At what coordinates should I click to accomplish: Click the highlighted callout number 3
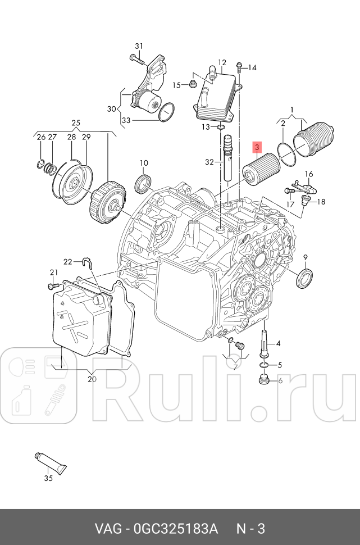point(257,148)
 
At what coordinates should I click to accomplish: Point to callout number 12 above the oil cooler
point(222,62)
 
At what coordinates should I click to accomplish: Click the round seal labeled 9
point(305,278)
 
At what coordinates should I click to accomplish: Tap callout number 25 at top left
point(76,122)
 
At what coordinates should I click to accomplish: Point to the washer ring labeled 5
point(264,366)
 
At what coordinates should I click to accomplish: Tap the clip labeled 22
point(86,260)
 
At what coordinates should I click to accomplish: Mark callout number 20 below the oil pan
point(92,379)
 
